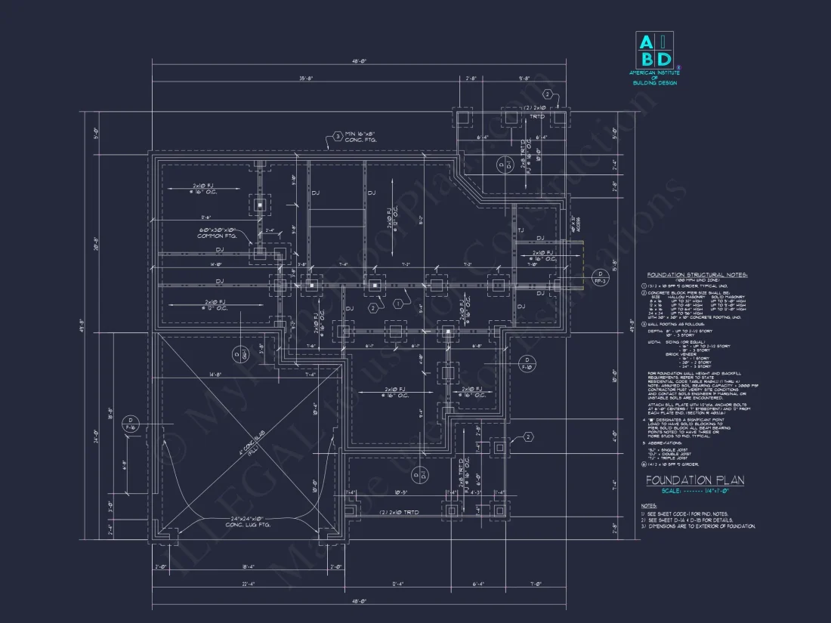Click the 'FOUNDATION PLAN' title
694,480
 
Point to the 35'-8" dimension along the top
305,78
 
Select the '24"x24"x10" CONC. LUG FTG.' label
249,521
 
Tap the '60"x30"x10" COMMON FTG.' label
218,233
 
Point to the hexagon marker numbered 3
338,137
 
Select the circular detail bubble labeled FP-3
599,276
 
